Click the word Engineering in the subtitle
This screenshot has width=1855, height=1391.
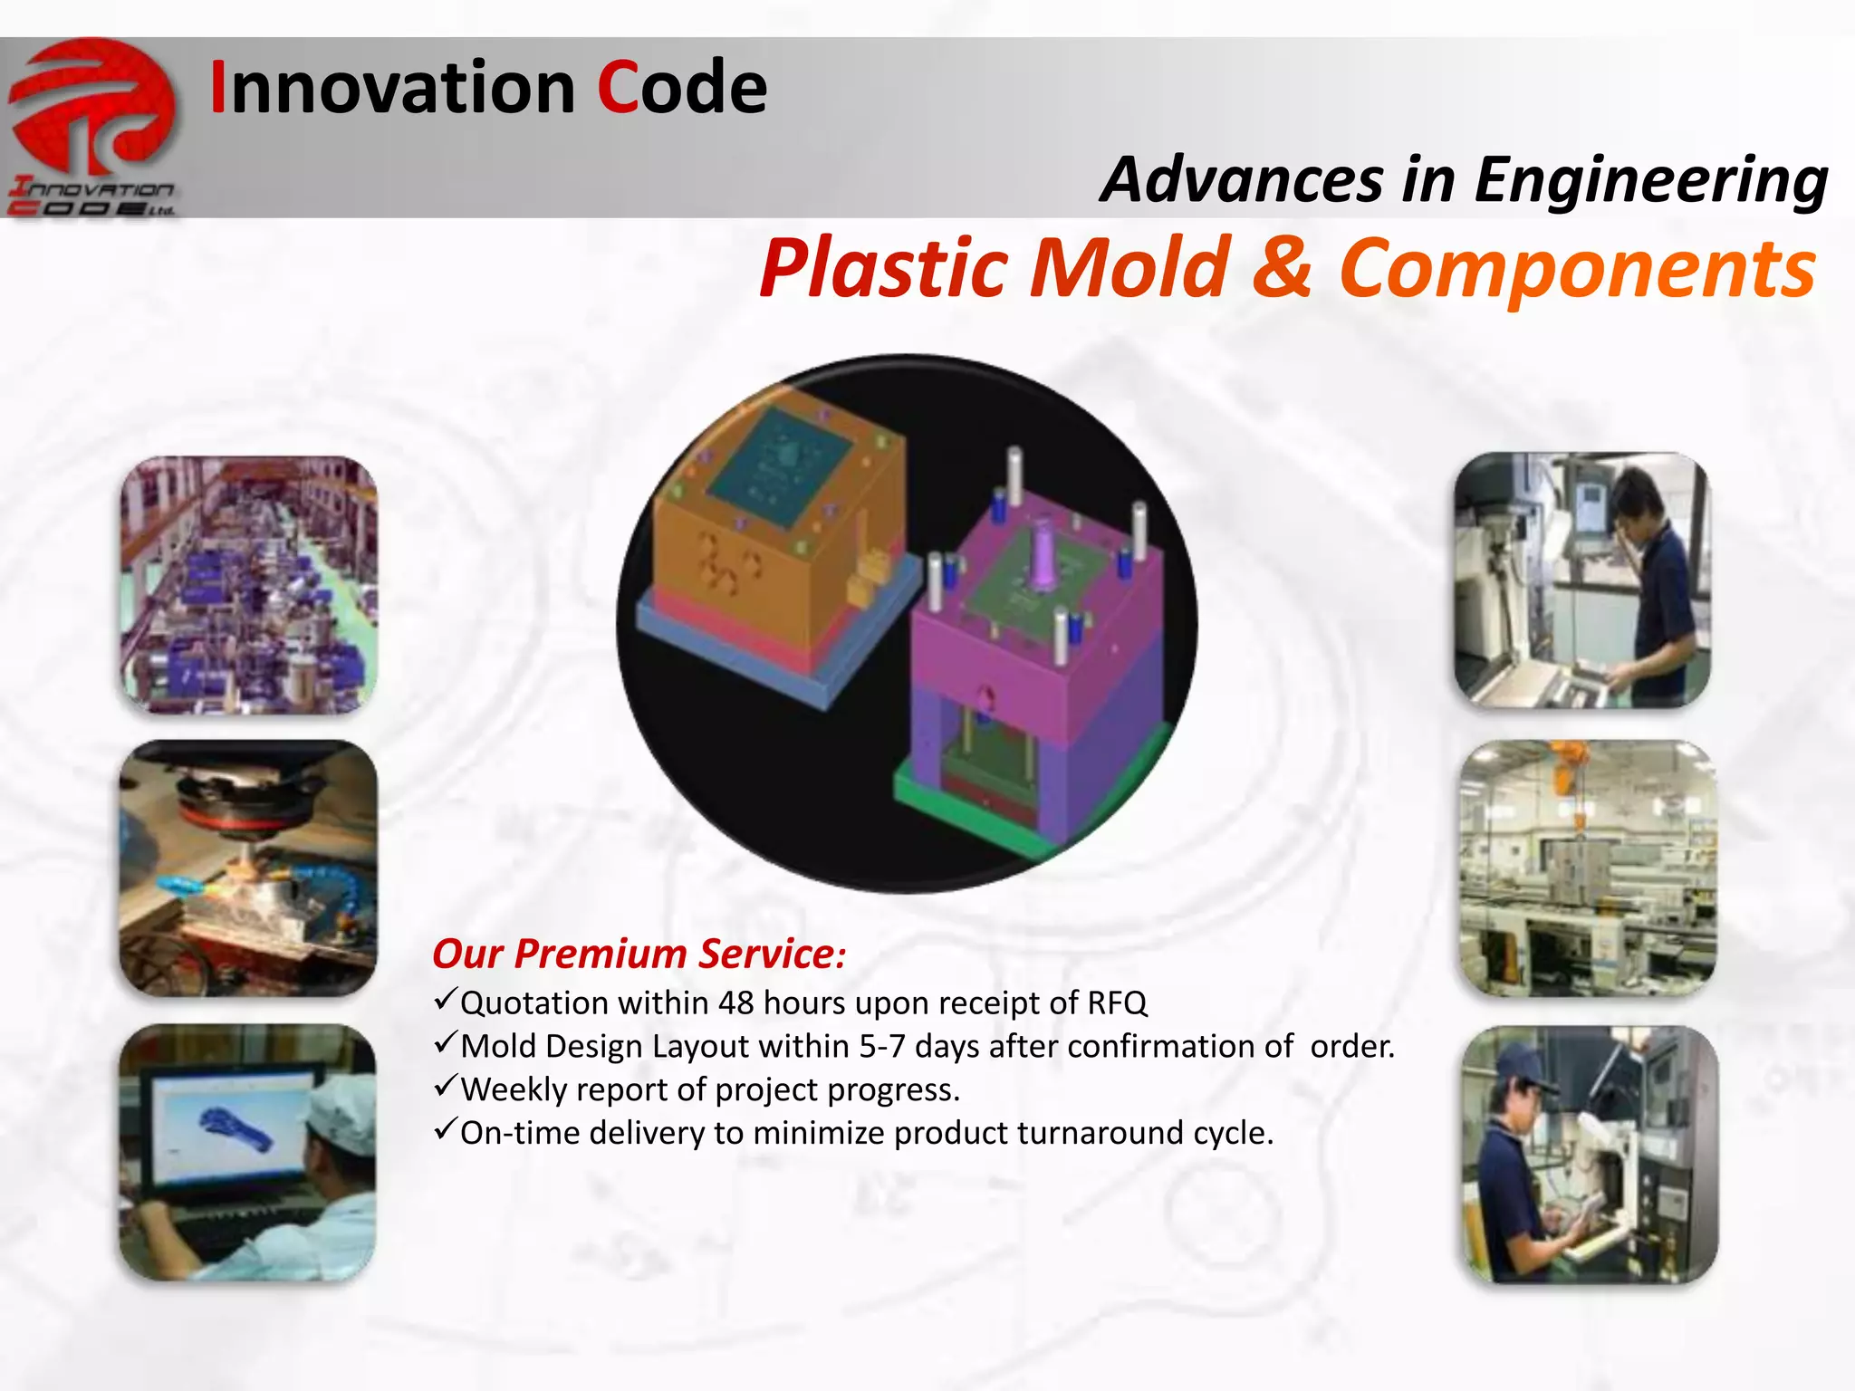pos(1650,179)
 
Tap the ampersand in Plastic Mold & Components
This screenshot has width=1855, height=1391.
pos(1281,267)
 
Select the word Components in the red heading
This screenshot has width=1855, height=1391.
pos(1576,267)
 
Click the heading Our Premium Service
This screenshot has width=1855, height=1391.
pos(639,954)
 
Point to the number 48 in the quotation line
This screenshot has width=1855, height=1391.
pos(735,1003)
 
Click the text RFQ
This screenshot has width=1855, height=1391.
pos(1116,1003)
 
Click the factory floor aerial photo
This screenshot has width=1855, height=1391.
pos(248,584)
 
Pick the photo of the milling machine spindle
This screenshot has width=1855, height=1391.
pos(248,868)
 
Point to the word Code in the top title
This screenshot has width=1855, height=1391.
pos(681,88)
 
